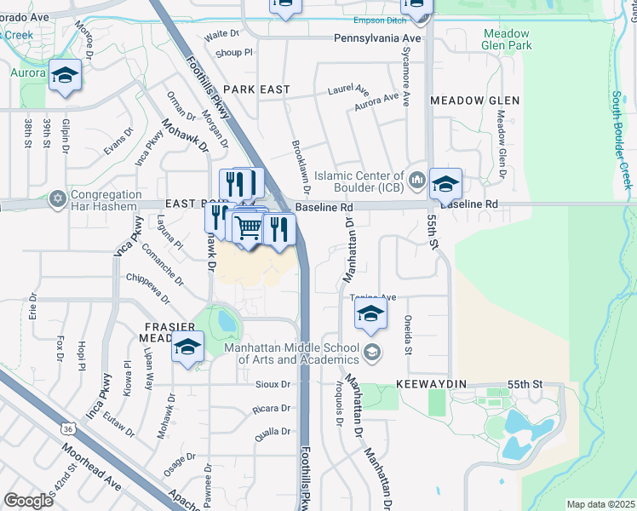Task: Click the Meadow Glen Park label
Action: pyautogui.click(x=507, y=39)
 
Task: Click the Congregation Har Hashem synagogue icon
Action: pyautogui.click(x=58, y=198)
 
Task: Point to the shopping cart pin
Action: pyautogui.click(x=248, y=227)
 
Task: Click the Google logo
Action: pyautogui.click(x=28, y=500)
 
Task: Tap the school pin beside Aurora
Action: pyautogui.click(x=65, y=78)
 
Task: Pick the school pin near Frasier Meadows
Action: pyautogui.click(x=187, y=347)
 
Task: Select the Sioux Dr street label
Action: pyautogui.click(x=273, y=384)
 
